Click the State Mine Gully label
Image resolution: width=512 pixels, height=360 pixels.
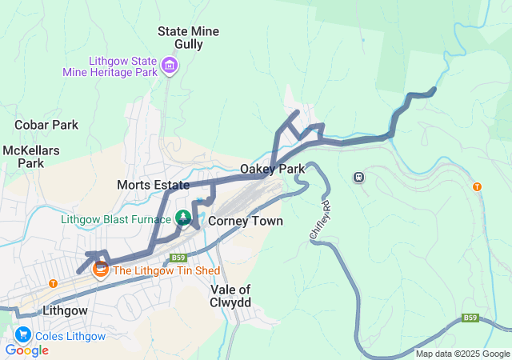(188, 38)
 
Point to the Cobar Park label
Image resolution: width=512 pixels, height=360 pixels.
(46, 125)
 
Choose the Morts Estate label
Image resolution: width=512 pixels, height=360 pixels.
(153, 185)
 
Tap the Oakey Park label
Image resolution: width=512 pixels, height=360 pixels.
(272, 170)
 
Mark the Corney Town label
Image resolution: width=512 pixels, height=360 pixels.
(245, 221)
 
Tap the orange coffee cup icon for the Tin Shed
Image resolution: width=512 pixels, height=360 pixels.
(101, 270)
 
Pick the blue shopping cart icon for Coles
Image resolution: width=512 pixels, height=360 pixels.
(21, 335)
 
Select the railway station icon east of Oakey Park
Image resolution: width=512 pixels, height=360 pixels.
(359, 177)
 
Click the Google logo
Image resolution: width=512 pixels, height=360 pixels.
(26, 350)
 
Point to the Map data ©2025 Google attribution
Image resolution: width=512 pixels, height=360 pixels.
(462, 354)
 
